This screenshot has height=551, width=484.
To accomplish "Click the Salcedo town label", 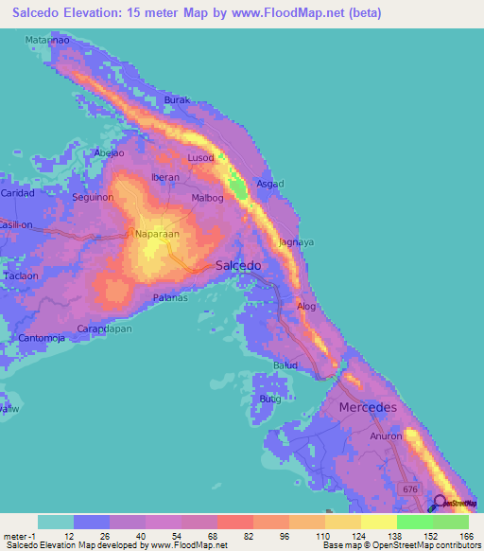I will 238,266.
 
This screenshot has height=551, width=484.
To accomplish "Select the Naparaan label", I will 156,233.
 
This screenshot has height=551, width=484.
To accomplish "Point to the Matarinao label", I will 47,43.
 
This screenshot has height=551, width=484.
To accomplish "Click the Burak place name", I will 178,99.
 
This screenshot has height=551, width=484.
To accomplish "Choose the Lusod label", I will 200,157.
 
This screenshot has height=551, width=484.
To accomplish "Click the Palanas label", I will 171,298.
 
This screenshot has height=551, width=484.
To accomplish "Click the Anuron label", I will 386,436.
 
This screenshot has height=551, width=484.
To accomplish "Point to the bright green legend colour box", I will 414,522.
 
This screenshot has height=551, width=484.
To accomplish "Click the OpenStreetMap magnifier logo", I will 440,503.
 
